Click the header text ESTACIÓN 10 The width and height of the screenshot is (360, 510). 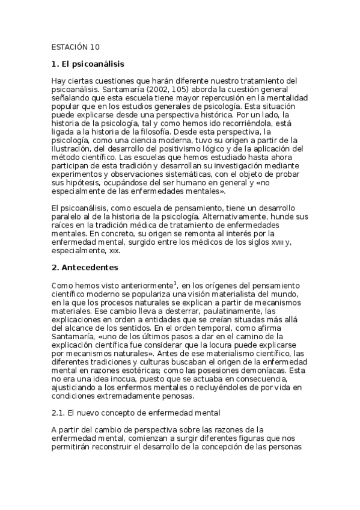pos(76,46)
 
